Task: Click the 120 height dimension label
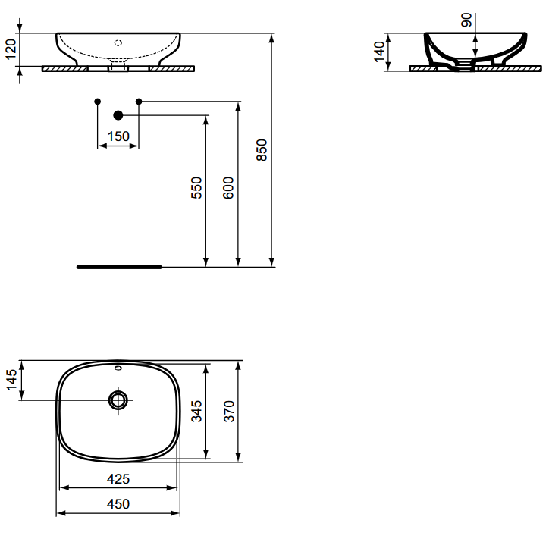[x=11, y=49]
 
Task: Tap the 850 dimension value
[x=262, y=150]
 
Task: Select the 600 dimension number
[x=228, y=188]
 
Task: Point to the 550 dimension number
[x=196, y=188]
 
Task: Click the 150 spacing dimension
[x=118, y=136]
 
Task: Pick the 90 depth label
[x=466, y=20]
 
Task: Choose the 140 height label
[x=379, y=52]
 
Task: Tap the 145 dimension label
[x=11, y=379]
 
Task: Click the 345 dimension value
[x=196, y=411]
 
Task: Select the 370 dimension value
[x=229, y=411]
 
